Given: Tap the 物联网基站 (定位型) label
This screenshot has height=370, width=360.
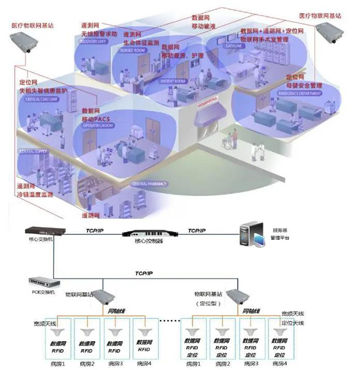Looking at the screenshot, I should pos(208,299).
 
